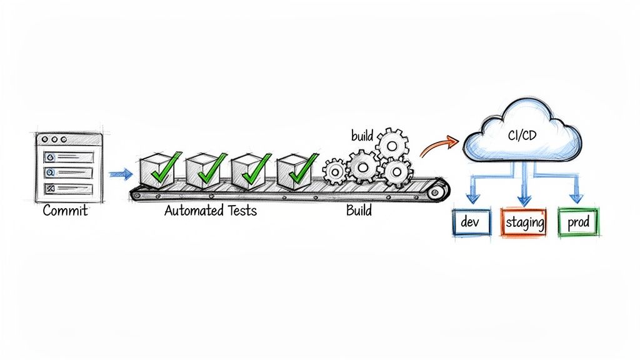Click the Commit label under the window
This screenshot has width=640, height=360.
pos(65,211)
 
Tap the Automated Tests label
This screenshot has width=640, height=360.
pos(210,211)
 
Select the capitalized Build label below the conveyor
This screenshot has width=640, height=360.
pos(359,211)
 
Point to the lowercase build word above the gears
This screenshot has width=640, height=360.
pos(362,136)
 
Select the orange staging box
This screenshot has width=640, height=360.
pos(524,222)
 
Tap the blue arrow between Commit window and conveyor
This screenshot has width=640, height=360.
pos(121,174)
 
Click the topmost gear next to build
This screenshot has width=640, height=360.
pos(392,144)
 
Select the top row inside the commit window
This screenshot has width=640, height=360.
pos(69,157)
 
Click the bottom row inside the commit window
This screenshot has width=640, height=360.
pos(69,188)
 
